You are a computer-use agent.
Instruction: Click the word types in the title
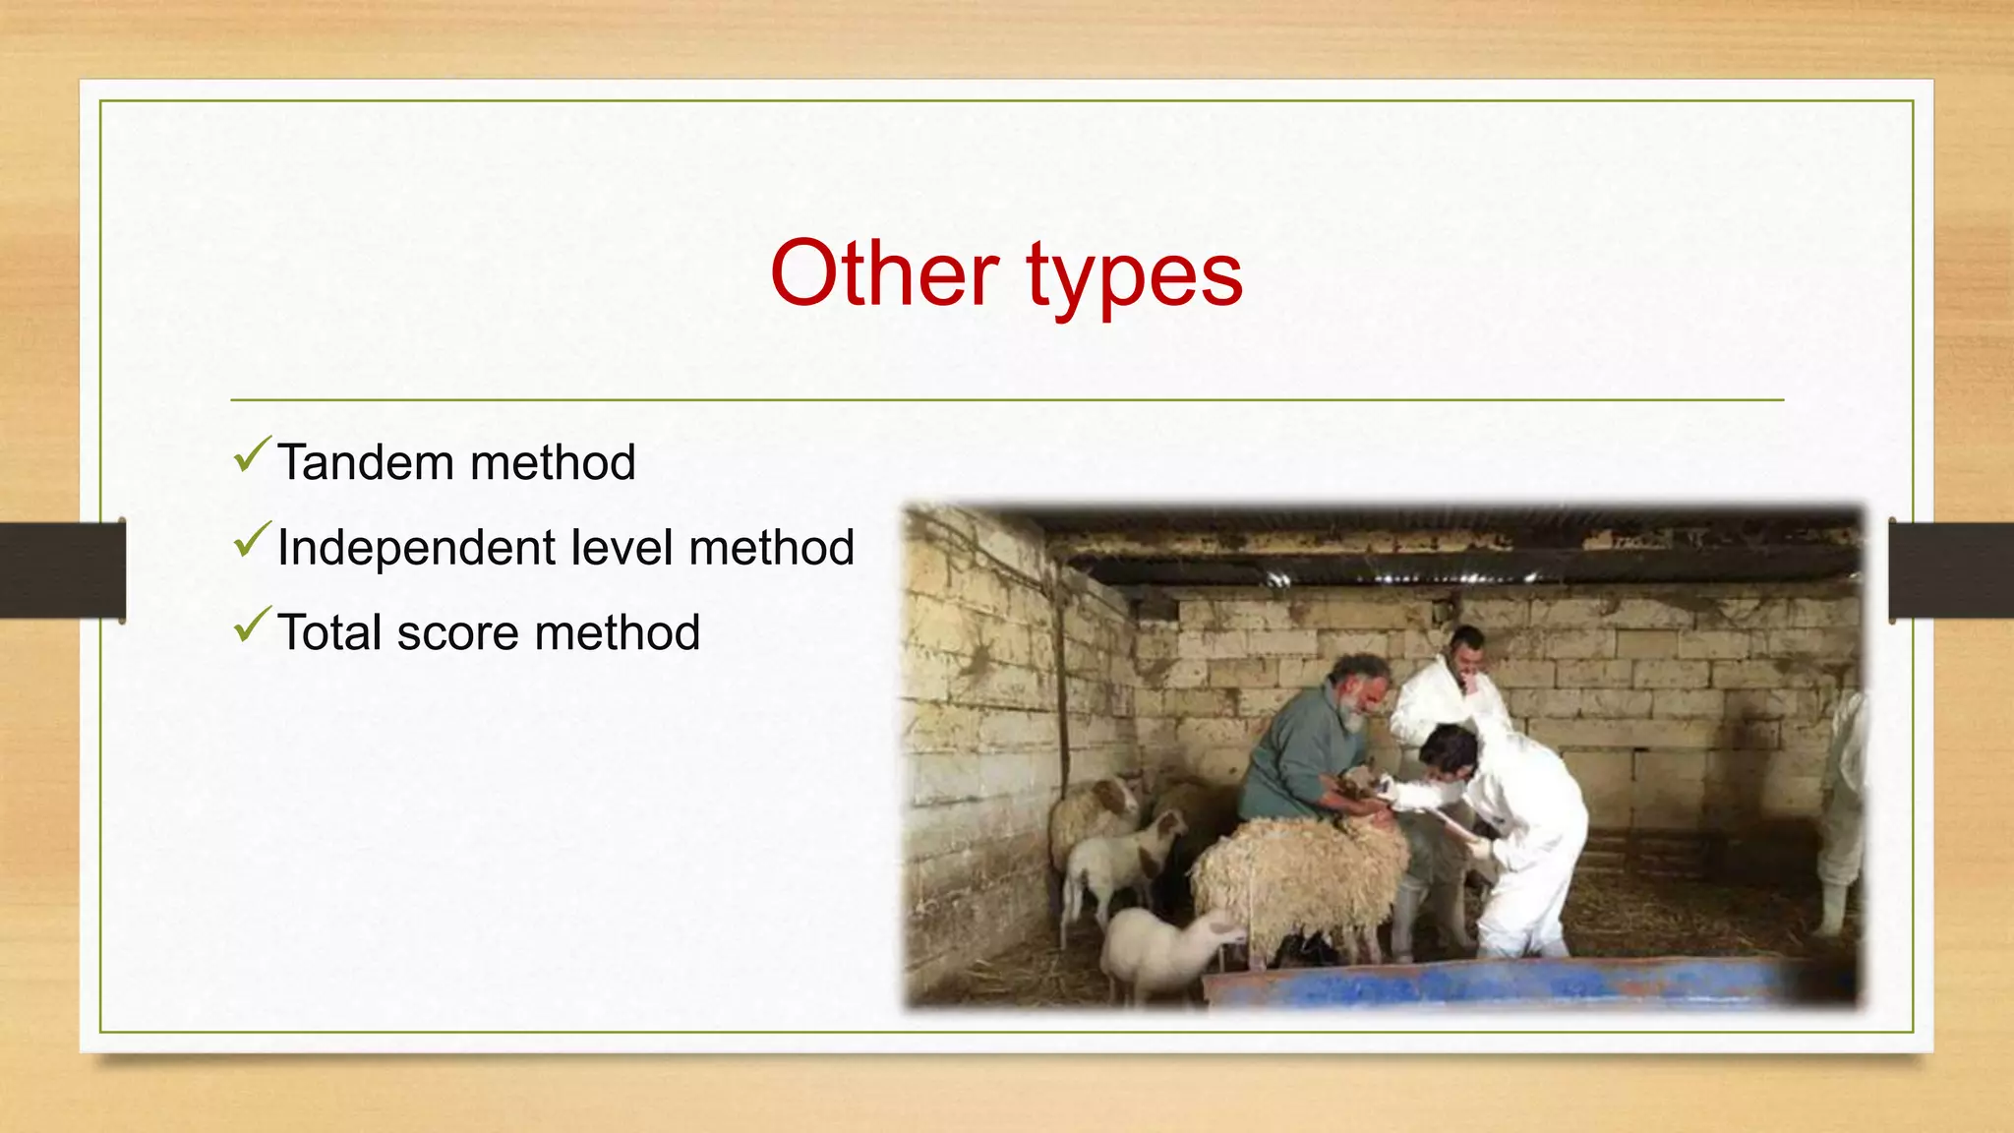coord(1135,276)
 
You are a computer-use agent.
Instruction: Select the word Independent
coord(416,549)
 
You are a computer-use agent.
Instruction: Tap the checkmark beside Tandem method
coord(252,454)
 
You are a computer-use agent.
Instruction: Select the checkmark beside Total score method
coord(252,625)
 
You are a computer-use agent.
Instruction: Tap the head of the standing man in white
coord(1466,649)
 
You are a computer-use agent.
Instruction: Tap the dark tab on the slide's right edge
coord(1951,570)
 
